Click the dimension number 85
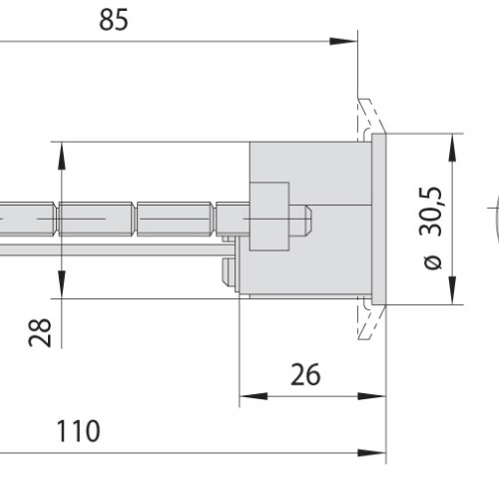114,20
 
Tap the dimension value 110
79,431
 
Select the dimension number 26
305,374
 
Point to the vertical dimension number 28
40,333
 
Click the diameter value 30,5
430,212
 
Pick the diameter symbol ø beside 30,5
433,262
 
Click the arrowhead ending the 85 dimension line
342,42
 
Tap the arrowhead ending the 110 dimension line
371,453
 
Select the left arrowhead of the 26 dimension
253,396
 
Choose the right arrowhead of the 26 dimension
371,396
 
